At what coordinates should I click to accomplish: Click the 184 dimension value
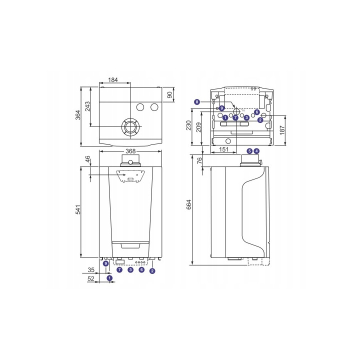(113, 80)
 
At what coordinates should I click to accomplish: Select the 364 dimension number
(78, 115)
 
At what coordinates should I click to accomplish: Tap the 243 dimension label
(87, 106)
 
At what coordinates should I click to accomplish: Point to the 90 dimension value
(169, 94)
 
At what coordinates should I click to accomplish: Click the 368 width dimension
(130, 151)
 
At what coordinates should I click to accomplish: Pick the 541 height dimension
(78, 209)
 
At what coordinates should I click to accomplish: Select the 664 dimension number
(188, 204)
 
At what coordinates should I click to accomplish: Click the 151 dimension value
(224, 149)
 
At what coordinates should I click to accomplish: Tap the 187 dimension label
(282, 130)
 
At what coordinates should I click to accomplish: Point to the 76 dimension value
(200, 160)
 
